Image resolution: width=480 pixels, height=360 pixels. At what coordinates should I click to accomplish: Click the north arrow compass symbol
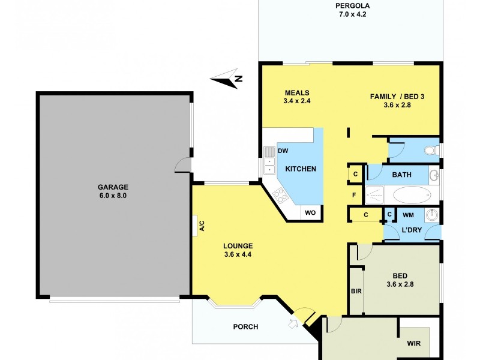(227, 78)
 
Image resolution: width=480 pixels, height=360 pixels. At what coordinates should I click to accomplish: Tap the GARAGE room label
(114, 186)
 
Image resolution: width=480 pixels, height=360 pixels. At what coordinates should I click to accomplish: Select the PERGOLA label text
(353, 7)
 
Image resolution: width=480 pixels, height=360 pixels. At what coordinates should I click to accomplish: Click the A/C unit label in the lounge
(202, 226)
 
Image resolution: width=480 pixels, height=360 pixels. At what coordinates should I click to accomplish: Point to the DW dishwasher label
(283, 151)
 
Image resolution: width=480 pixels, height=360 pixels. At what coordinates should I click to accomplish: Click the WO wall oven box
(310, 212)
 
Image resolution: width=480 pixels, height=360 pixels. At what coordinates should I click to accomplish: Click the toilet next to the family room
(431, 150)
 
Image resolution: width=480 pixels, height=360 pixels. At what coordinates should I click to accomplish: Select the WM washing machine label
(408, 214)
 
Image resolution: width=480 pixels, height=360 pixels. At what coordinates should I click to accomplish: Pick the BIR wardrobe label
(356, 291)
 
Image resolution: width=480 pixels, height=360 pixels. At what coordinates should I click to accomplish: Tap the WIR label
(413, 344)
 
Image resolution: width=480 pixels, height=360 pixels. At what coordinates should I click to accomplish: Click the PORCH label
(245, 327)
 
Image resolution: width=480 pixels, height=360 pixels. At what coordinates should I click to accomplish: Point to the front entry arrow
(293, 325)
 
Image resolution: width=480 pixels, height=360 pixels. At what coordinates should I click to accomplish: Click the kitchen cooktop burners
(280, 194)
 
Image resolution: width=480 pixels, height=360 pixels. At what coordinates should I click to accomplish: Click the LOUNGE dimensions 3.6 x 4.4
(238, 254)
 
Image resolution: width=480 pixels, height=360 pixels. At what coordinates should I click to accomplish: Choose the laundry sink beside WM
(431, 214)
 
